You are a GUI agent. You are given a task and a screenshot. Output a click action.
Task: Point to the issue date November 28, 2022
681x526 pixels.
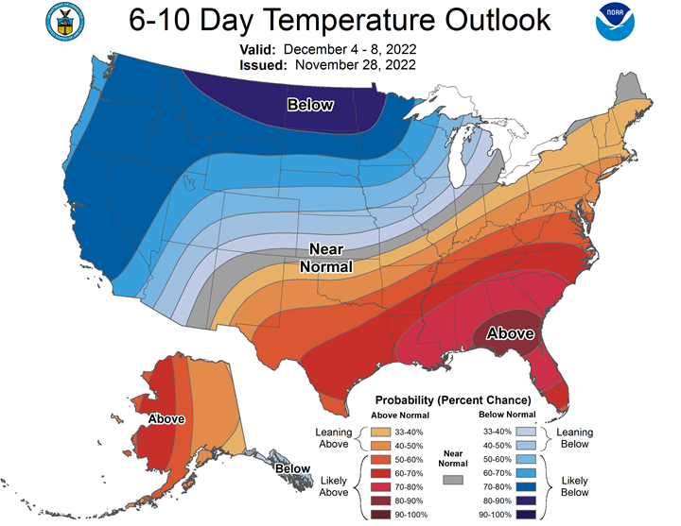pos(357,65)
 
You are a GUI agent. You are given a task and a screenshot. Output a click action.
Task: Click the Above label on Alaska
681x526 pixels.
pos(166,418)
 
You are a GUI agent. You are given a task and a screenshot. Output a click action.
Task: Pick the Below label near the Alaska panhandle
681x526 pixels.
pos(293,468)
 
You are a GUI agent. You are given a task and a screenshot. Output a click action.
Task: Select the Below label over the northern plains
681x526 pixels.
pos(310,105)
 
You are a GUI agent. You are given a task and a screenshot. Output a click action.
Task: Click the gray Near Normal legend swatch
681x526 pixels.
pos(453,480)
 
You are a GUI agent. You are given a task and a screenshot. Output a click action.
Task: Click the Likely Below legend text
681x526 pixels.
pos(575,485)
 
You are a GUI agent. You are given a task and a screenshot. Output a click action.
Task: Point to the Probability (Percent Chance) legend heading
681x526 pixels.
pos(453,399)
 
